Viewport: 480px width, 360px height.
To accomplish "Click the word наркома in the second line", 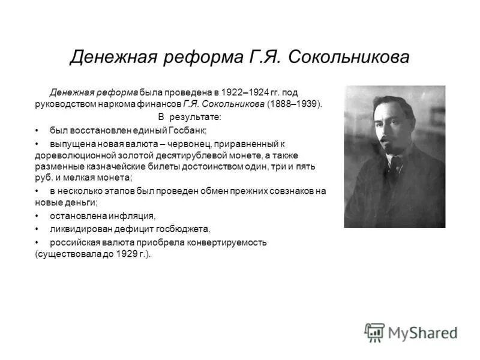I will [108, 103].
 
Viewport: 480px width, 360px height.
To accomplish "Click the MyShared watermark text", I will [423, 333].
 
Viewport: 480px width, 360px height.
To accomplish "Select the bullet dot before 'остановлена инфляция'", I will [37, 216].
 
